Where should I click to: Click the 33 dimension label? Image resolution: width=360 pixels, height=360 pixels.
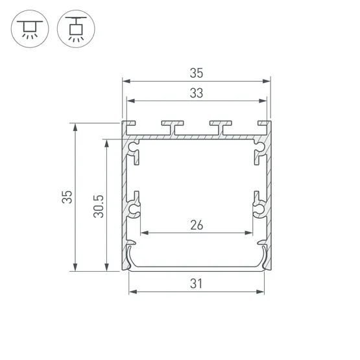coord(197,93)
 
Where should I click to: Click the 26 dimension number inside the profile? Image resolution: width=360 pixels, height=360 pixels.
coord(197,224)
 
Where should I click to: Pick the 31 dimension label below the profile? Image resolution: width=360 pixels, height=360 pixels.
coord(197,283)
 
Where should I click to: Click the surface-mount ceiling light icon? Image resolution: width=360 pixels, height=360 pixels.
coord(28,29)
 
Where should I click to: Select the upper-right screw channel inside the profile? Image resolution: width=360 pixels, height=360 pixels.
coord(258,151)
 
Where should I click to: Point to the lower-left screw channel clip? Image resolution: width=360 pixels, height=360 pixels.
coord(134,208)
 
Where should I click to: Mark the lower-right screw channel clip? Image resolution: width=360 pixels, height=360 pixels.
coord(258,208)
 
